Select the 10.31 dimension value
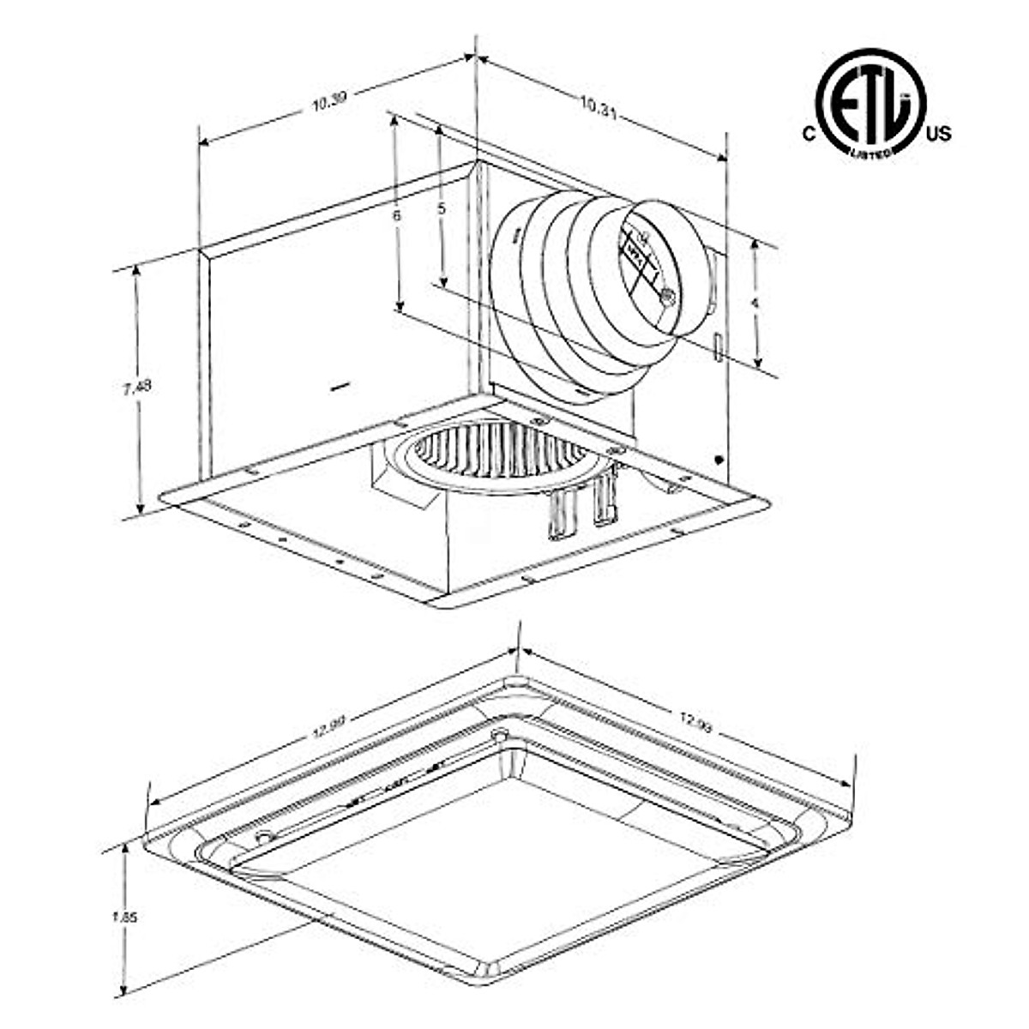598,106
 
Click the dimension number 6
397,216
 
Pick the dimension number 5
442,208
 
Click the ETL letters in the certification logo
870,107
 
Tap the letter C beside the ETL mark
807,133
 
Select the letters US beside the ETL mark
939,133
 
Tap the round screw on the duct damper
667,297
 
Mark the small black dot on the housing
718,460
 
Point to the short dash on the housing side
340,388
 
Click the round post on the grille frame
500,735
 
